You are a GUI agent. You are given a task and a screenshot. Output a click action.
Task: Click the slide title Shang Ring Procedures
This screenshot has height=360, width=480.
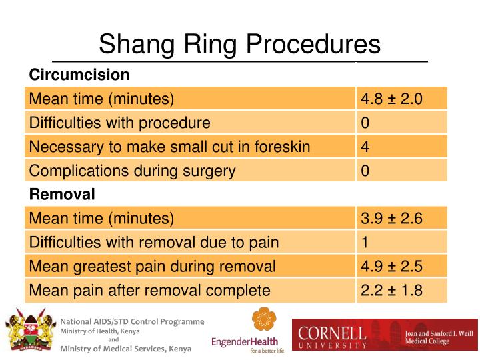(239, 45)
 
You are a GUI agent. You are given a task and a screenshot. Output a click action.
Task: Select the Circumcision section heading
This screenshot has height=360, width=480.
(79, 74)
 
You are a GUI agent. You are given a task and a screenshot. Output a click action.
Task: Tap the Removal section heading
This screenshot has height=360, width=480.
(62, 195)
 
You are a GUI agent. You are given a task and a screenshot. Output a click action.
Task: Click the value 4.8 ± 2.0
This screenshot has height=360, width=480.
(391, 99)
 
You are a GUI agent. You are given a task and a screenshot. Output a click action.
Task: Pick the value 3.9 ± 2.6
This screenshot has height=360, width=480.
(391, 219)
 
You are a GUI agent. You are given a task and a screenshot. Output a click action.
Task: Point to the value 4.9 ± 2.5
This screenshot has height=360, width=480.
(391, 267)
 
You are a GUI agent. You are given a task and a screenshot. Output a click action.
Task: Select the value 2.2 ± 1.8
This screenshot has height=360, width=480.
(391, 291)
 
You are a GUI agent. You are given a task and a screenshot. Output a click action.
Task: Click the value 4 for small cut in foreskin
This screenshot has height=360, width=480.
(365, 147)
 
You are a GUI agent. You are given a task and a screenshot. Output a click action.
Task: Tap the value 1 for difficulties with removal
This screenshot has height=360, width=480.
(365, 243)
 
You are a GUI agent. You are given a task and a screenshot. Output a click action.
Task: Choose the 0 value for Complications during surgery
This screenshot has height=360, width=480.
(365, 171)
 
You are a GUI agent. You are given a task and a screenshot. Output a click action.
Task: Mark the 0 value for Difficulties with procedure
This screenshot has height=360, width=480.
(365, 123)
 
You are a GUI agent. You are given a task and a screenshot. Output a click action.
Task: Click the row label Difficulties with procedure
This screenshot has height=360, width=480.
(120, 123)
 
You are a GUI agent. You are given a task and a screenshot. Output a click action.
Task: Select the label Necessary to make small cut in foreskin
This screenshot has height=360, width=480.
(169, 147)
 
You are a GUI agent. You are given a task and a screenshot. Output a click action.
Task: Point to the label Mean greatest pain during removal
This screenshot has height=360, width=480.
(152, 267)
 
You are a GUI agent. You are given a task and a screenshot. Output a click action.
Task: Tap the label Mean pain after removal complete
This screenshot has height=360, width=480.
(149, 291)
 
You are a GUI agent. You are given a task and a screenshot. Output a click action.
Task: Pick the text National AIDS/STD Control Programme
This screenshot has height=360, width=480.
(132, 321)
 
